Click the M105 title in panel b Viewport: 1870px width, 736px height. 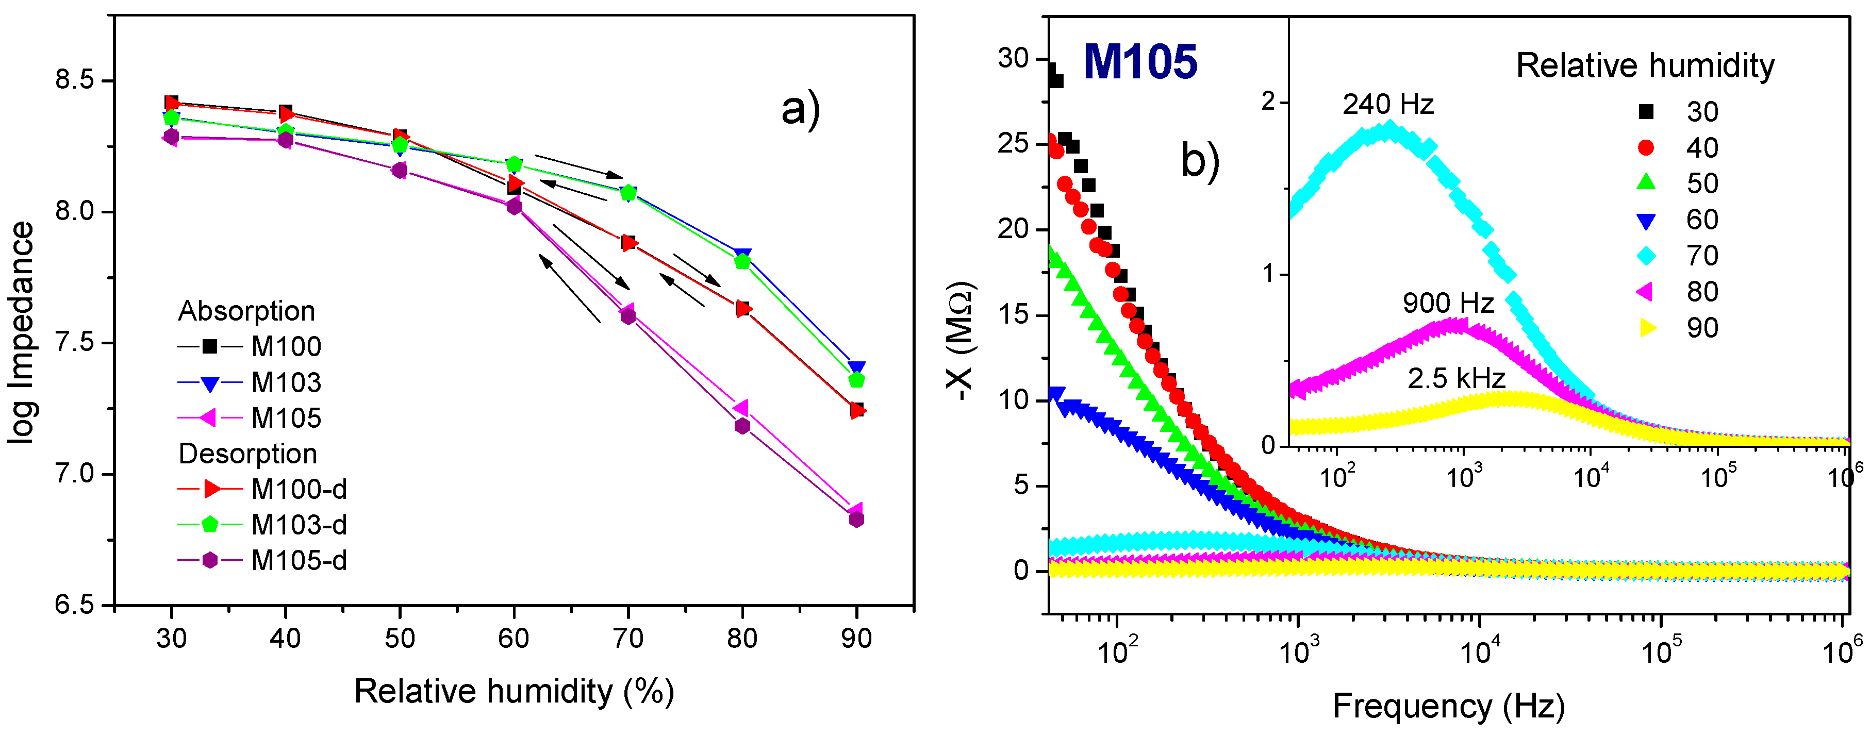(1140, 62)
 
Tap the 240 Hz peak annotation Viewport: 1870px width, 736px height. (1387, 105)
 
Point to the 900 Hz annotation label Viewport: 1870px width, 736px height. (1448, 303)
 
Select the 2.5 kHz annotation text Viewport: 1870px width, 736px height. (1455, 378)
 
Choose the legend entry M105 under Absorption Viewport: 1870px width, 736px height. (285, 418)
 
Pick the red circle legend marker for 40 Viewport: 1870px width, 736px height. (1646, 148)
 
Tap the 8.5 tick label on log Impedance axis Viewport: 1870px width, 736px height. (74, 80)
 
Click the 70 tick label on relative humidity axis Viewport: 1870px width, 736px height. (628, 639)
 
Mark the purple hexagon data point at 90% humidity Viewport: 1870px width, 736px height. (856, 519)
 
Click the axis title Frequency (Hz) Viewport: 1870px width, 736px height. (1448, 706)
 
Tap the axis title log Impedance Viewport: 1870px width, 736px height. (22, 332)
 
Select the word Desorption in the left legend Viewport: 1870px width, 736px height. (247, 454)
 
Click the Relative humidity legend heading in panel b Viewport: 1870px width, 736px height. (1645, 66)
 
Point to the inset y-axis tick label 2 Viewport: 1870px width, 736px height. (1268, 101)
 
